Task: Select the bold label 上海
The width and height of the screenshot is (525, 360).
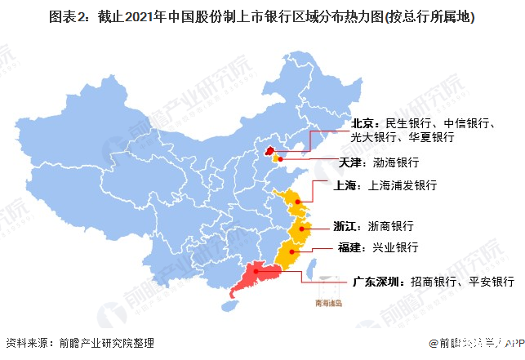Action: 346,186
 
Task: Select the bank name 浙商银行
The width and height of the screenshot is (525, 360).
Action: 389,226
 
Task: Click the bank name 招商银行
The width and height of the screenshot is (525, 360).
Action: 436,282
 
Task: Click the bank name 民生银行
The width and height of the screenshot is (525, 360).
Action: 407,123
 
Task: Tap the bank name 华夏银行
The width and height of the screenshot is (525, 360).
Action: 432,138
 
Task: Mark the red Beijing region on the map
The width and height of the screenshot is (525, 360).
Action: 267,152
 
